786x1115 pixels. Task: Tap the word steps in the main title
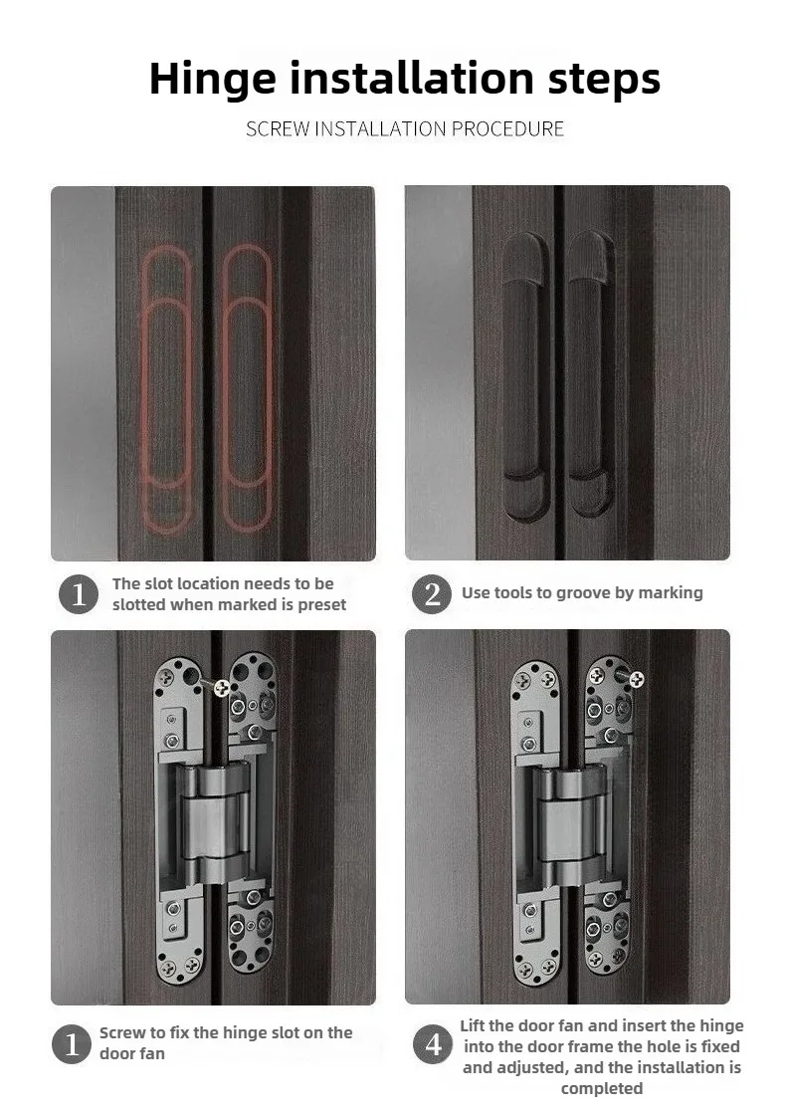pos(604,80)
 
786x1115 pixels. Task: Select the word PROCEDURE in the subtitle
pos(508,128)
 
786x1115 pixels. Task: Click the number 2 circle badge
pos(432,593)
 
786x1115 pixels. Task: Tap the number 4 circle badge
pos(433,1044)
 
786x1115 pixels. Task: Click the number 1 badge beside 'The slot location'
pos(79,594)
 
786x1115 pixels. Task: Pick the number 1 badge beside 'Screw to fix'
pos(72,1044)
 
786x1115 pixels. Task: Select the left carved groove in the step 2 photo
pos(526,374)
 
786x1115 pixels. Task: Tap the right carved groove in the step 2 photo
pos(590,373)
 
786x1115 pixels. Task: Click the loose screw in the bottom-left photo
pos(219,686)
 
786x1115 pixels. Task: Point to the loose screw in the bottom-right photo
pos(633,677)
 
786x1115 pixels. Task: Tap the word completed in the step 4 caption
pos(602,1089)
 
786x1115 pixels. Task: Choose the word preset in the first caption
pos(322,605)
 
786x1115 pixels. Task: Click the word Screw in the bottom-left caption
pos(122,1033)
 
